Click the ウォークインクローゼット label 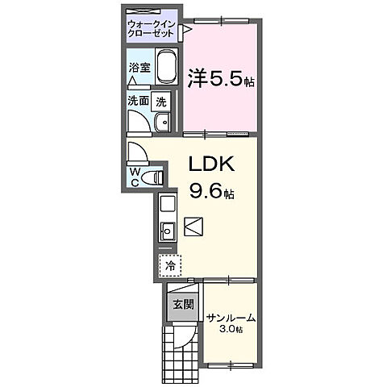tap(152, 30)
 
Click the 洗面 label tap(138, 102)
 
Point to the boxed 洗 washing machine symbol tap(161, 102)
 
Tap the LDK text tap(210, 164)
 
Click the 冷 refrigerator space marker tap(170, 264)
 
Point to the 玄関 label tap(181, 304)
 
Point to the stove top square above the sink tap(168, 203)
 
